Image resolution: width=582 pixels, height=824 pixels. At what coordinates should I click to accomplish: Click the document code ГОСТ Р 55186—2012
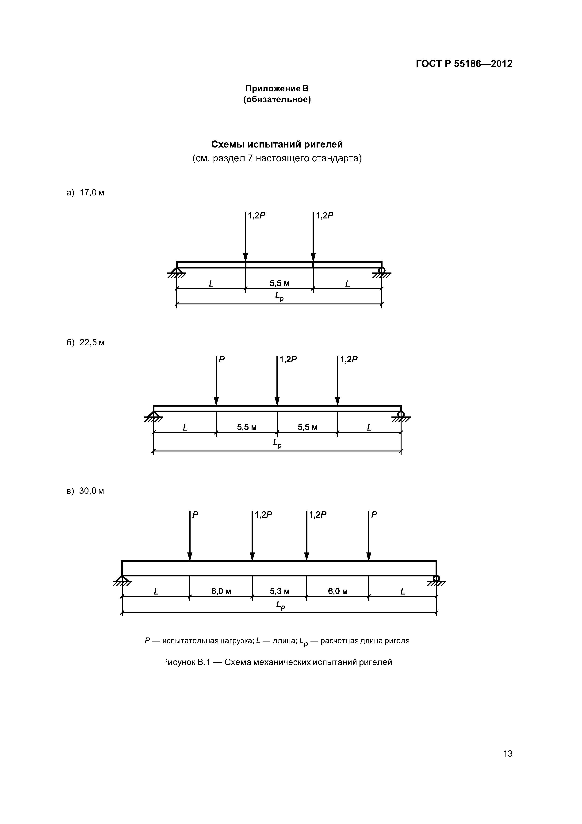464,64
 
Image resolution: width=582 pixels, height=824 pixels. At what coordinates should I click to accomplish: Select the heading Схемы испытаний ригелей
277,144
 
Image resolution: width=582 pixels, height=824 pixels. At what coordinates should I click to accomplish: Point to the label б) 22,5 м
85,342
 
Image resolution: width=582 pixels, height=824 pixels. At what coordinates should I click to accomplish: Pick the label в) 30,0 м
85,491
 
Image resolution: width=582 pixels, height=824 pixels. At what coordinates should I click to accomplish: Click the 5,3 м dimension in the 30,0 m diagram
279,591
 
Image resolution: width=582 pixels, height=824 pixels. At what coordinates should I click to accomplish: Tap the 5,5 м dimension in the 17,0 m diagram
279,284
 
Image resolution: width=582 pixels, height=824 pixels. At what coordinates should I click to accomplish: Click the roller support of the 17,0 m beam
382,270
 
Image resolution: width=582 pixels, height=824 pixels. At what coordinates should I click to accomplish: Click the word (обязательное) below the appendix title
277,99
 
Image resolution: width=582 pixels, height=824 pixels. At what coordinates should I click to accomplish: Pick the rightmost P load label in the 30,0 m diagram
374,515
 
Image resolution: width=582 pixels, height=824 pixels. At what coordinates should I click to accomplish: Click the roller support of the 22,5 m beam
401,415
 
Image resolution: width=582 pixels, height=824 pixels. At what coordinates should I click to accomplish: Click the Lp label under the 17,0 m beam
279,296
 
